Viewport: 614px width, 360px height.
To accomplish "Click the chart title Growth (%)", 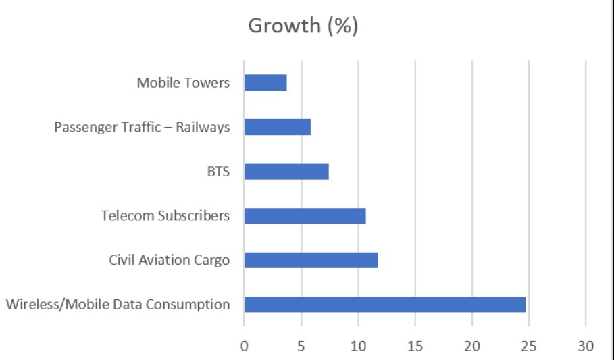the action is (x=303, y=26).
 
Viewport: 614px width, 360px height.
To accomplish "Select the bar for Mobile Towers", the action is (x=265, y=82).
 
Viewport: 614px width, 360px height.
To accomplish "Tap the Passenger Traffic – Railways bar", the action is (x=277, y=127).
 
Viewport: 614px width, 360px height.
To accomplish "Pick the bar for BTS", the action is (x=286, y=172).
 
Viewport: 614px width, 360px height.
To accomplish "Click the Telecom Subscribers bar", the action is (x=305, y=216).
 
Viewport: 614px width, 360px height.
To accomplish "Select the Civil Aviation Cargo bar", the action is (x=311, y=260).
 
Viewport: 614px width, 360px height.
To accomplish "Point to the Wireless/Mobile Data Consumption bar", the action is (x=385, y=305).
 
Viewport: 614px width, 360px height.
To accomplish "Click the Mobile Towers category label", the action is (x=183, y=82).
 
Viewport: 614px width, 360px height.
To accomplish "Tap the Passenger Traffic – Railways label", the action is (x=142, y=127).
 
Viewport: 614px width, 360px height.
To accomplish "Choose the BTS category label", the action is (x=218, y=172).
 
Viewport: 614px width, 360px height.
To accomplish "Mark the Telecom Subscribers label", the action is (x=165, y=216).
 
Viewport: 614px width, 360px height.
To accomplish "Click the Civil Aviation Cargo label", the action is (x=169, y=261).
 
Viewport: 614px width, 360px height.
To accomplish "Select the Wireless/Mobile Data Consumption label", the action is (x=118, y=305).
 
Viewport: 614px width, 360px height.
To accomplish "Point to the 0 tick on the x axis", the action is (x=245, y=346).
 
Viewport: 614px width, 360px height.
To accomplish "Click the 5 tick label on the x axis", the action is (x=301, y=346).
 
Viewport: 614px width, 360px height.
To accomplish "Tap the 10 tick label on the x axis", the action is (x=358, y=346).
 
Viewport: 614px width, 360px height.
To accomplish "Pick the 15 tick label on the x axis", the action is (x=415, y=346).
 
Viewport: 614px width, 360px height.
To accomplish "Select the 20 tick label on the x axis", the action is (x=472, y=346).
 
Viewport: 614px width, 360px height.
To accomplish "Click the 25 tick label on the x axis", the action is (x=529, y=346).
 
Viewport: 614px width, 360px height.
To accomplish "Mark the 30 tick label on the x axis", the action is (x=586, y=346).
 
